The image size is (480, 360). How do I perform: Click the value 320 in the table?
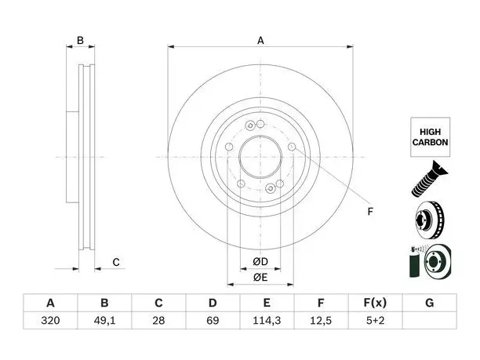coord(50,321)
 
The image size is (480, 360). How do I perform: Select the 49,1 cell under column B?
coord(104,321)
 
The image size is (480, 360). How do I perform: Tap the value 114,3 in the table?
coord(267,321)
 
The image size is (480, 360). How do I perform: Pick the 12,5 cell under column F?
coord(321,321)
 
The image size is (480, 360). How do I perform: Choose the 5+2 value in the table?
coord(375,321)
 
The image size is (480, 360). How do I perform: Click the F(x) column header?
coord(375,303)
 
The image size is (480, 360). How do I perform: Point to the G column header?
coord(430,303)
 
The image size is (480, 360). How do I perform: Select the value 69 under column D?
coord(213,321)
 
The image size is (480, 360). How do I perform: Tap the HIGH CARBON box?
coord(430,137)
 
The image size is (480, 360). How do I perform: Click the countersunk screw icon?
coord(428,180)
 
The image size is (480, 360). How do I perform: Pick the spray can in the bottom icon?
coord(416,263)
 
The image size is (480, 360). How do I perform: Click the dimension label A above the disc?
coord(260,41)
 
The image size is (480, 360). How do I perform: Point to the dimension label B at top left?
coord(80,41)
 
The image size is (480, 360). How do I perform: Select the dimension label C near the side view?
coord(116,262)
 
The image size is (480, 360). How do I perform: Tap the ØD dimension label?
coord(260,262)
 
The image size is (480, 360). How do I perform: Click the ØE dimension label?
coord(260,278)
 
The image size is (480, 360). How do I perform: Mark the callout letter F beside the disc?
coord(370,212)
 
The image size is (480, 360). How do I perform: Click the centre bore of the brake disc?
coord(260,157)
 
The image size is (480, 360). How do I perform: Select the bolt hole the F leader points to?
coord(292,147)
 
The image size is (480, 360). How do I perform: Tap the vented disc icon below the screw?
coord(429,220)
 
